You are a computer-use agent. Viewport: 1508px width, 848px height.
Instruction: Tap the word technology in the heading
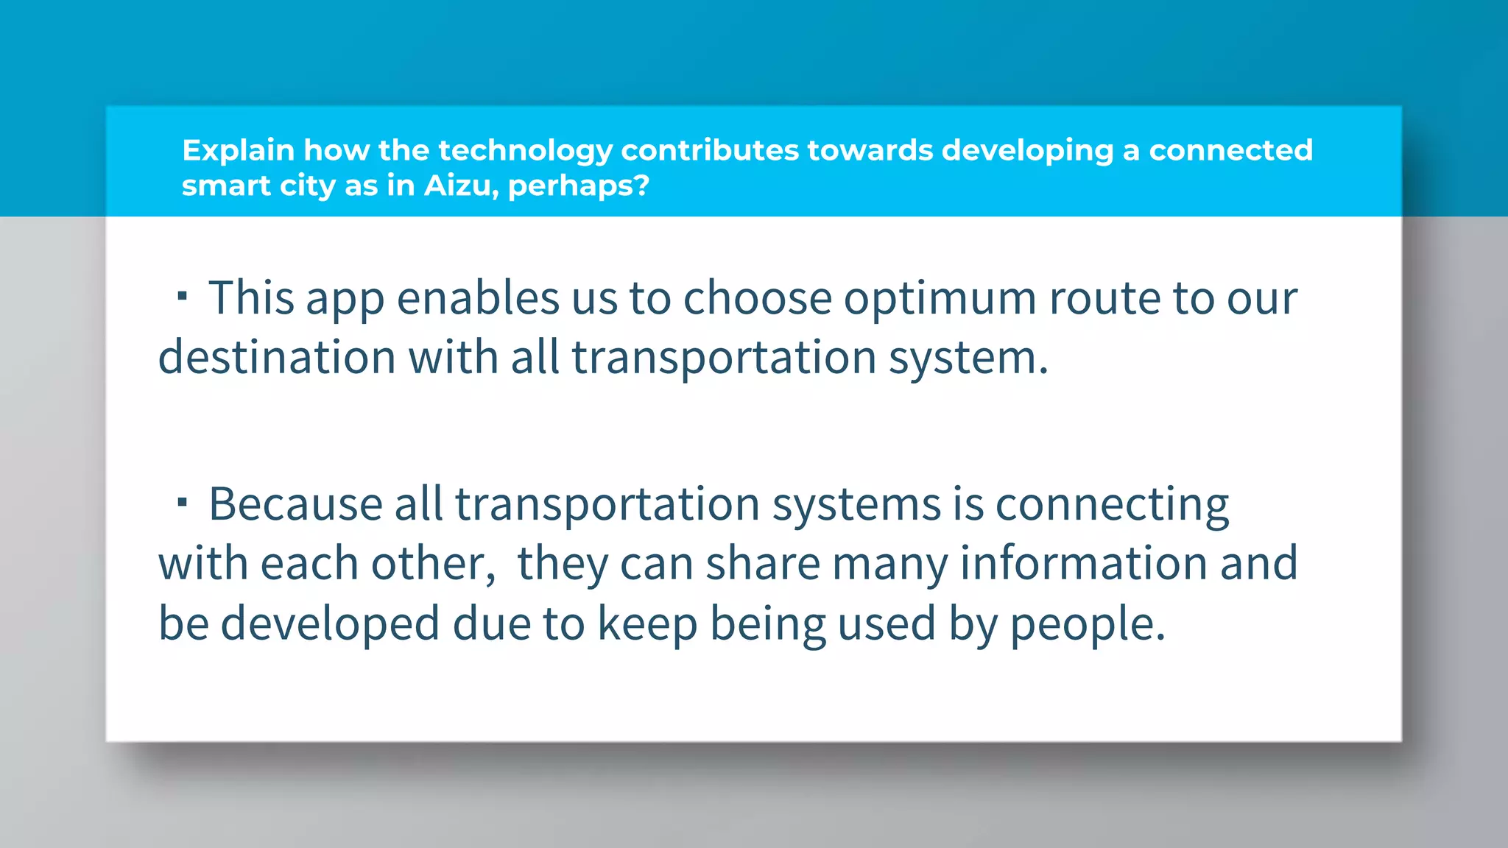pyautogui.click(x=525, y=151)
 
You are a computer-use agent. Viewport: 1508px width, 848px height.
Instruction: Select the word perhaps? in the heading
pyautogui.click(x=579, y=187)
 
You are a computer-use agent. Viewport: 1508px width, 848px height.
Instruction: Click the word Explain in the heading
pyautogui.click(x=238, y=151)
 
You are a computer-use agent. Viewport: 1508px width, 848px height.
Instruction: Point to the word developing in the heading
pyautogui.click(x=1027, y=151)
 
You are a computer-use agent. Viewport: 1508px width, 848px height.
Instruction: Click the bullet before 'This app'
pyautogui.click(x=182, y=297)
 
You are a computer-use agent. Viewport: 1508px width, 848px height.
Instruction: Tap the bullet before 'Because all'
pyautogui.click(x=182, y=503)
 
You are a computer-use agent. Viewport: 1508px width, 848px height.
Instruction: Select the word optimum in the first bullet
pyautogui.click(x=940, y=300)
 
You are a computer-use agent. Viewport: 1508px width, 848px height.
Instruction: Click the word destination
pyautogui.click(x=277, y=357)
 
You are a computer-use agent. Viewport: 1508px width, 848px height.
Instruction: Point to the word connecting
pyautogui.click(x=1112, y=506)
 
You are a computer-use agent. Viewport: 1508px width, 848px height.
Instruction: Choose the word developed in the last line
pyautogui.click(x=330, y=624)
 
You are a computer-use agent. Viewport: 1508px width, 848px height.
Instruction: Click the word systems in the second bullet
pyautogui.click(x=856, y=506)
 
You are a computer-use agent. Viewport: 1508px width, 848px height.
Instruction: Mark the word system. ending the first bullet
pyautogui.click(x=968, y=358)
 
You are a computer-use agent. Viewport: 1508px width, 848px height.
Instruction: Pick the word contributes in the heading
pyautogui.click(x=710, y=151)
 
